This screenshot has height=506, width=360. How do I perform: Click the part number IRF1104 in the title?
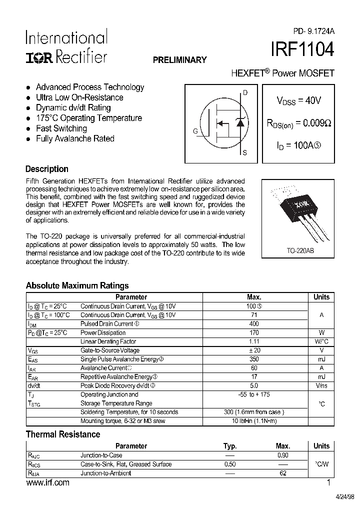tap(302, 51)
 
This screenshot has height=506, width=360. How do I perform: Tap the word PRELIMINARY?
tap(179, 60)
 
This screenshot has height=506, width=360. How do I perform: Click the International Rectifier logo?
tap(66, 47)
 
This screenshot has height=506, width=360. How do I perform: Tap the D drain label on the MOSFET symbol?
tap(245, 92)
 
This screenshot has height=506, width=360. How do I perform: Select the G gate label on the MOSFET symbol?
tap(195, 131)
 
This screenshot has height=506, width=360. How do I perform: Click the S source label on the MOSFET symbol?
tap(244, 153)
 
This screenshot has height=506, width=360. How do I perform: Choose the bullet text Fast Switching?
tap(61, 128)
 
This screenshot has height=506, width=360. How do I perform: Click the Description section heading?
tap(47, 169)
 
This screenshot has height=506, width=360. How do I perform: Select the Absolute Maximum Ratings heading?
tap(77, 285)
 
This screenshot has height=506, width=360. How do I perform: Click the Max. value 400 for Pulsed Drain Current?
tap(253, 324)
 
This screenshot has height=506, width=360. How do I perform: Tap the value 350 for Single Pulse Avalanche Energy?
tap(253, 359)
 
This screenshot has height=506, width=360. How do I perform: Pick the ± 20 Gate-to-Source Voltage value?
tap(253, 350)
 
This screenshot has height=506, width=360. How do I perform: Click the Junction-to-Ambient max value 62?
tap(283, 473)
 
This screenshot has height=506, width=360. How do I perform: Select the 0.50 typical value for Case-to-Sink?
tap(229, 464)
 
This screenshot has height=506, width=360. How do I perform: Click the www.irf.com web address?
tap(47, 483)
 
